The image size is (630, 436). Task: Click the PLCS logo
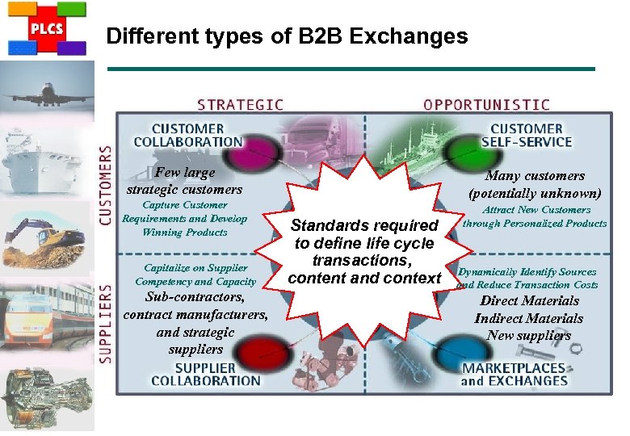click(46, 27)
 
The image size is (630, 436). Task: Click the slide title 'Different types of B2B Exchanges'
click(287, 36)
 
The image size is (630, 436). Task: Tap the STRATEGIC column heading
click(240, 105)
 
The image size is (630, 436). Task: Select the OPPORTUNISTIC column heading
click(486, 105)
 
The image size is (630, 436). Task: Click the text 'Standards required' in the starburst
click(364, 225)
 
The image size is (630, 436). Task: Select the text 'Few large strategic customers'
click(185, 181)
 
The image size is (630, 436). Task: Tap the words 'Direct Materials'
click(529, 301)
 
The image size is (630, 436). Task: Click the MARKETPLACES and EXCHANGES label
click(514, 375)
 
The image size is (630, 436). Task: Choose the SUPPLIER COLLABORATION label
click(206, 373)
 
